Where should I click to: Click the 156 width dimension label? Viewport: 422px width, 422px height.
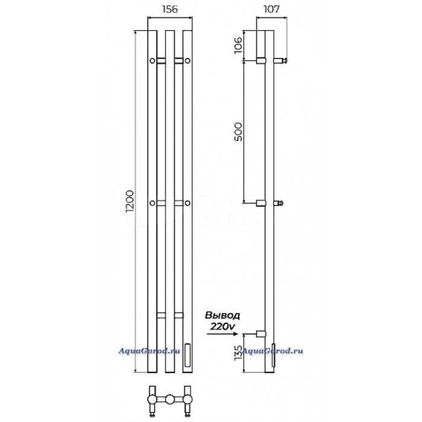pos(170,9)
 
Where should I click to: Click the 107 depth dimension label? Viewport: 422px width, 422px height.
pos(271,9)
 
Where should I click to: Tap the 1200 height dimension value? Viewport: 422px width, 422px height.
pos(130,201)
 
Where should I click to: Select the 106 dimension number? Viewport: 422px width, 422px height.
pos(239,45)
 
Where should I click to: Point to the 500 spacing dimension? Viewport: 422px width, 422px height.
pos(239,132)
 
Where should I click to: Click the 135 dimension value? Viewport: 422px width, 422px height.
pos(239,353)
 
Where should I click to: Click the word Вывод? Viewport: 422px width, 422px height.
pos(222,315)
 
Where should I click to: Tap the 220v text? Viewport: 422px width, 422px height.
pos(222,326)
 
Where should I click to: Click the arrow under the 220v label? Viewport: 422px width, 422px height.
pos(222,334)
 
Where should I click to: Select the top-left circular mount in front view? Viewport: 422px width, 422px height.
pos(153,61)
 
